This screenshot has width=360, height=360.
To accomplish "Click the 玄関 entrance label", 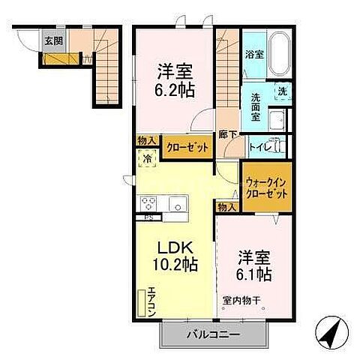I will (x=53, y=41).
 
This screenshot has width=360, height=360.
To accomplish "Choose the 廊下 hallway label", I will (x=227, y=136).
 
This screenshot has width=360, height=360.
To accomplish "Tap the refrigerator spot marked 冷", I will (x=148, y=157).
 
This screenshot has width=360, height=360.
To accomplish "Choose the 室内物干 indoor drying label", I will (x=241, y=302).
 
